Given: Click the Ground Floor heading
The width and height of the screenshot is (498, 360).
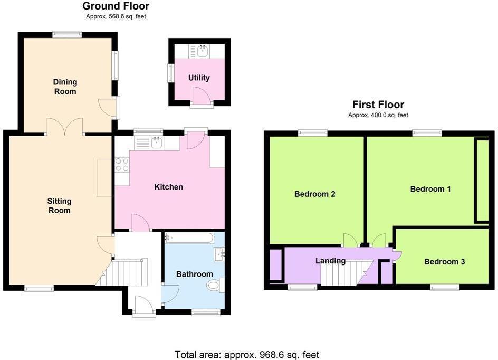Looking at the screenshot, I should pyautogui.click(x=116, y=6).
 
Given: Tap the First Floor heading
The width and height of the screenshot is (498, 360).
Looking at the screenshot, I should pyautogui.click(x=378, y=105).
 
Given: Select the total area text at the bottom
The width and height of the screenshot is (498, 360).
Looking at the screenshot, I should pyautogui.click(x=246, y=355).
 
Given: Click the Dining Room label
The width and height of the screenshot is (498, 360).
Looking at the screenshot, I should pyautogui.click(x=65, y=87).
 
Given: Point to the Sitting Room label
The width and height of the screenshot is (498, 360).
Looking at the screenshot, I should pyautogui.click(x=59, y=205).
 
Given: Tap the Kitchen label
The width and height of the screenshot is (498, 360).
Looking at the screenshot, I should pyautogui.click(x=169, y=187).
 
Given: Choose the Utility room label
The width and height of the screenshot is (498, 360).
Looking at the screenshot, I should pyautogui.click(x=199, y=78).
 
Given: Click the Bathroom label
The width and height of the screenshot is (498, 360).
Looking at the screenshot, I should pyautogui.click(x=194, y=274).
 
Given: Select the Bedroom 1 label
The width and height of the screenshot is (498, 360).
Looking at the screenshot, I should pyautogui.click(x=430, y=189).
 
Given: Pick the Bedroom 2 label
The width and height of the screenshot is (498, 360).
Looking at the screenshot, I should pyautogui.click(x=315, y=194).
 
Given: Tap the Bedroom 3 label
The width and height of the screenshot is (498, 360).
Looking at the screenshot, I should pyautogui.click(x=444, y=261).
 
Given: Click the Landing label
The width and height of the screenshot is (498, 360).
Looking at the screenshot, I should pyautogui.click(x=330, y=260).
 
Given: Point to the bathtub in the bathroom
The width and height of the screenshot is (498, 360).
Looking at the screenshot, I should pyautogui.click(x=189, y=238).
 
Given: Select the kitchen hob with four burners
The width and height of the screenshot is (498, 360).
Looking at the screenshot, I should pyautogui.click(x=122, y=165).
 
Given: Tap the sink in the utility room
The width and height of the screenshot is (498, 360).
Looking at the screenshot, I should pyautogui.click(x=203, y=51).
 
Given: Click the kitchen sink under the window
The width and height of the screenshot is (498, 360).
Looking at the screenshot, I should pyautogui.click(x=156, y=143).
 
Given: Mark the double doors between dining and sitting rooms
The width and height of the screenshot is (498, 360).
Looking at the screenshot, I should pyautogui.click(x=65, y=127).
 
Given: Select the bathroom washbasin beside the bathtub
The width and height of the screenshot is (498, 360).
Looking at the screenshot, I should pyautogui.click(x=219, y=255).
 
